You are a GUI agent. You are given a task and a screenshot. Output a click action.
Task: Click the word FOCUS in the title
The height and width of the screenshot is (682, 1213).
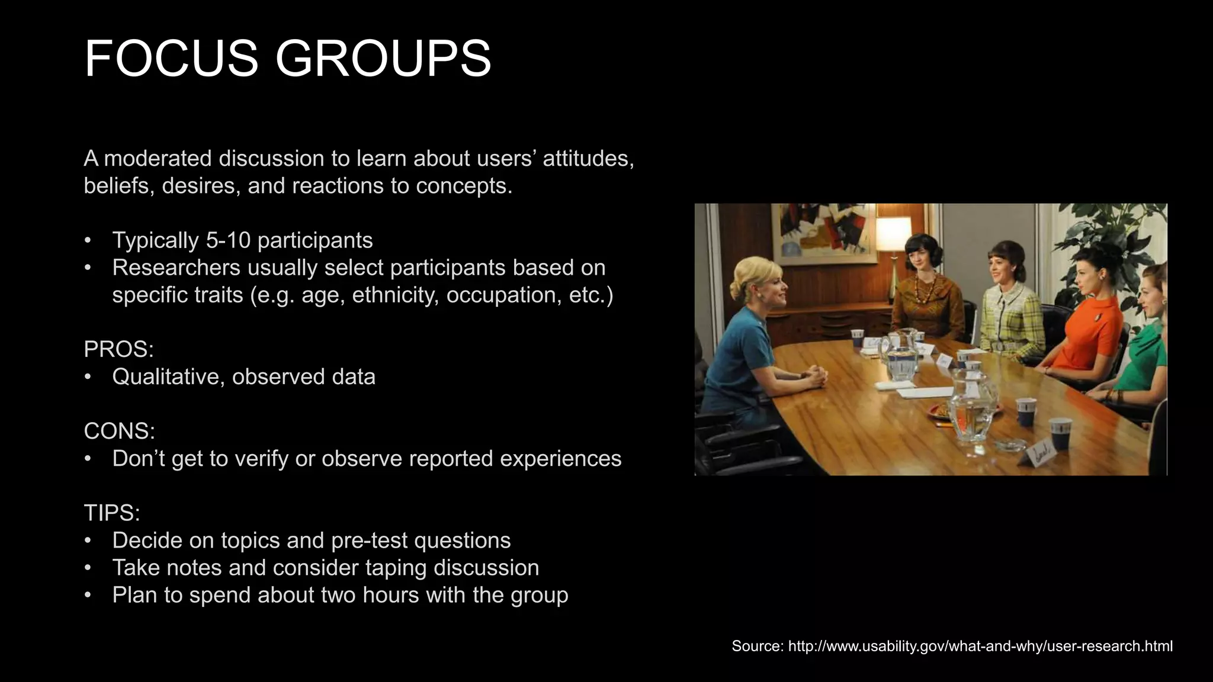coord(171,58)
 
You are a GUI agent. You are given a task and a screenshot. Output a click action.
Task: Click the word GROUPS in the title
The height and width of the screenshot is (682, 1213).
coord(383,58)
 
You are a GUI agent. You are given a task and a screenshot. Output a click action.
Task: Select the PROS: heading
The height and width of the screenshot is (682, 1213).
coord(118,349)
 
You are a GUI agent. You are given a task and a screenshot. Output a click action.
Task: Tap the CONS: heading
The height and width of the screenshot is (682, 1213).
coord(119,431)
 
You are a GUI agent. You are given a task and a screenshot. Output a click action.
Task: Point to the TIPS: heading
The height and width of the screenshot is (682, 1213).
coord(112,513)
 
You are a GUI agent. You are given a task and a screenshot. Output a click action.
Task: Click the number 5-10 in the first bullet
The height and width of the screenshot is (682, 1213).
coord(228,240)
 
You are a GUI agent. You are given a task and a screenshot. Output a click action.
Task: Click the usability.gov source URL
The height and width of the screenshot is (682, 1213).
coord(980,646)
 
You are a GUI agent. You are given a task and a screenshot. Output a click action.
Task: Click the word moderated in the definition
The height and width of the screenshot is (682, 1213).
coord(158,159)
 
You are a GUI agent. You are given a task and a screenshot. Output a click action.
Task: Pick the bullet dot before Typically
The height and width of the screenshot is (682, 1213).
coord(88,240)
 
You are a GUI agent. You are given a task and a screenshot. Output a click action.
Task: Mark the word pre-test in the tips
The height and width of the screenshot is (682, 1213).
coord(369,541)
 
